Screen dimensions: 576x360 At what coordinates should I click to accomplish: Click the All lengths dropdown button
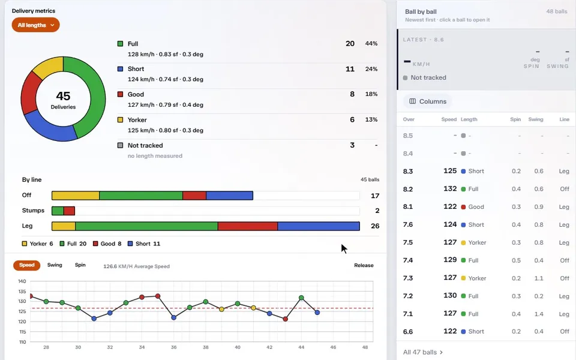[35, 25]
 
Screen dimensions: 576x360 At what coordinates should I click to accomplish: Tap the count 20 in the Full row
[350, 43]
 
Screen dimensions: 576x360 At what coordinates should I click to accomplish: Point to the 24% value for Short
[371, 69]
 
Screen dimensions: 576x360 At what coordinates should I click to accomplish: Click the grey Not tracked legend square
[120, 145]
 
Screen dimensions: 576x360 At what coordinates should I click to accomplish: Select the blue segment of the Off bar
[230, 196]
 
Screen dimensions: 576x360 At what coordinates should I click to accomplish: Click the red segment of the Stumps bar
[69, 211]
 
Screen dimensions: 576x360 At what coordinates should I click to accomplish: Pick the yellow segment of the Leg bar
[64, 226]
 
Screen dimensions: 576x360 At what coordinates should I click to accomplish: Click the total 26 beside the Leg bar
[374, 226]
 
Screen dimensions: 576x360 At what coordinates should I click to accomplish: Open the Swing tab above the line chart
[55, 265]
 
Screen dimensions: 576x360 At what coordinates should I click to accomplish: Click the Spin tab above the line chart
[80, 265]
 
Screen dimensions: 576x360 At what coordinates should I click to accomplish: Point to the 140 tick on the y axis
[22, 281]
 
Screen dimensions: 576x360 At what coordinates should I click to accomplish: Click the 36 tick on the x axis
[174, 347]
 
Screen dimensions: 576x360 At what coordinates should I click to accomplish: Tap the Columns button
[428, 101]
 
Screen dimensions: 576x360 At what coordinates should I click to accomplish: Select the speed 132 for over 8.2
[450, 189]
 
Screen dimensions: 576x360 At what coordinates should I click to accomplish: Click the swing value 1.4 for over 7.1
[539, 314]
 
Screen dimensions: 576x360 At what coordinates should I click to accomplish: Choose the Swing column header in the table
[536, 119]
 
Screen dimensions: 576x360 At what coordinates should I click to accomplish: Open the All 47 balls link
[423, 352]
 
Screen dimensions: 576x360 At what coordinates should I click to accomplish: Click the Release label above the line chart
[364, 265]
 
